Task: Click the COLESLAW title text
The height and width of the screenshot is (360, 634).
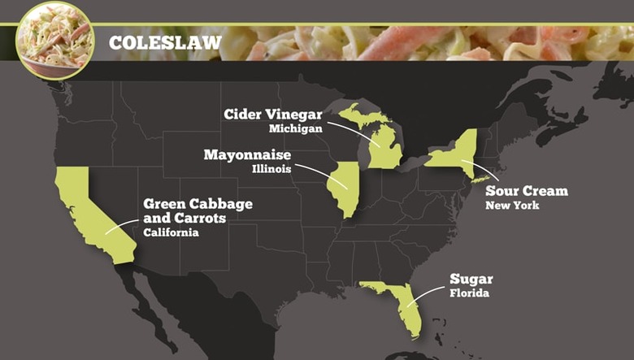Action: (x=165, y=42)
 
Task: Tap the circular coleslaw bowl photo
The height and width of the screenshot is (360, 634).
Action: (x=54, y=40)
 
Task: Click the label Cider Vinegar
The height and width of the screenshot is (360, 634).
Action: (x=273, y=114)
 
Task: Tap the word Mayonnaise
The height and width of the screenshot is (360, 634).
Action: (x=247, y=154)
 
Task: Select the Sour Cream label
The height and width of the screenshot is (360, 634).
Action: (x=527, y=191)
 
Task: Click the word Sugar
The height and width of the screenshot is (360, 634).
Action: (x=471, y=279)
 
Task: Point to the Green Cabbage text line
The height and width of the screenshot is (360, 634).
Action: (x=198, y=204)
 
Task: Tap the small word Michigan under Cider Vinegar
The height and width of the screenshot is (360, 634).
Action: (x=297, y=128)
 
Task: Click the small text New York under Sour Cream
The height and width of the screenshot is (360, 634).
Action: (x=512, y=206)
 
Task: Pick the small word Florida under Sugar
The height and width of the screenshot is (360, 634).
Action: (x=469, y=293)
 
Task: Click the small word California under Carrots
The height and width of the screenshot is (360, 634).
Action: (x=171, y=232)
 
